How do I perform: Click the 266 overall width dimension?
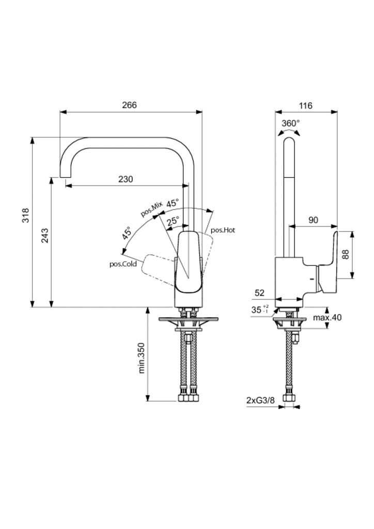pyautogui.click(x=129, y=105)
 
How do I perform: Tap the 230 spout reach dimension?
pyautogui.click(x=126, y=179)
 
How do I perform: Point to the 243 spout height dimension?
pyautogui.click(x=45, y=236)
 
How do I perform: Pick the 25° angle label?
pyautogui.click(x=173, y=220)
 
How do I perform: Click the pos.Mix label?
pyautogui.click(x=151, y=208)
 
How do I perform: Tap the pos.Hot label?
pyautogui.click(x=223, y=230)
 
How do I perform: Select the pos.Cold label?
pyautogui.click(x=122, y=263)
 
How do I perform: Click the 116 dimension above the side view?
pyautogui.click(x=306, y=106)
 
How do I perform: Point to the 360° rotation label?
pyautogui.click(x=291, y=123)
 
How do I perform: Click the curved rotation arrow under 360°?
pyautogui.click(x=289, y=133)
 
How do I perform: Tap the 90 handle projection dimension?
pyautogui.click(x=313, y=220)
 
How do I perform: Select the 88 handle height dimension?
pyautogui.click(x=346, y=254)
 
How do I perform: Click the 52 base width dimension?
pyautogui.click(x=260, y=293)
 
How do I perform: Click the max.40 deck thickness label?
pyautogui.click(x=327, y=318)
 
